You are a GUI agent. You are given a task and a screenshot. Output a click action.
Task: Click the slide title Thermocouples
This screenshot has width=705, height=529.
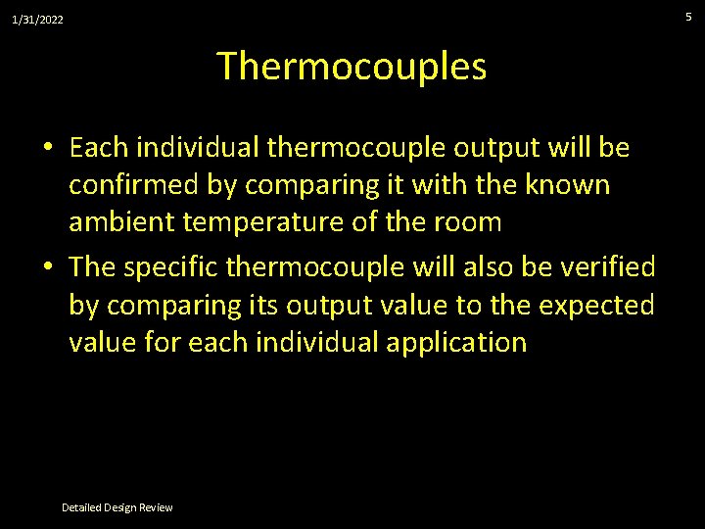click(352, 67)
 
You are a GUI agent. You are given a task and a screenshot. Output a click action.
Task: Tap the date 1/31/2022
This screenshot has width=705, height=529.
click(37, 19)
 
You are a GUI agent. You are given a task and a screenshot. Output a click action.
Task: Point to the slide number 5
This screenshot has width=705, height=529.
click(688, 17)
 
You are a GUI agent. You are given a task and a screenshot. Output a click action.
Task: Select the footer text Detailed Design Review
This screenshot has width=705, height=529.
click(117, 507)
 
